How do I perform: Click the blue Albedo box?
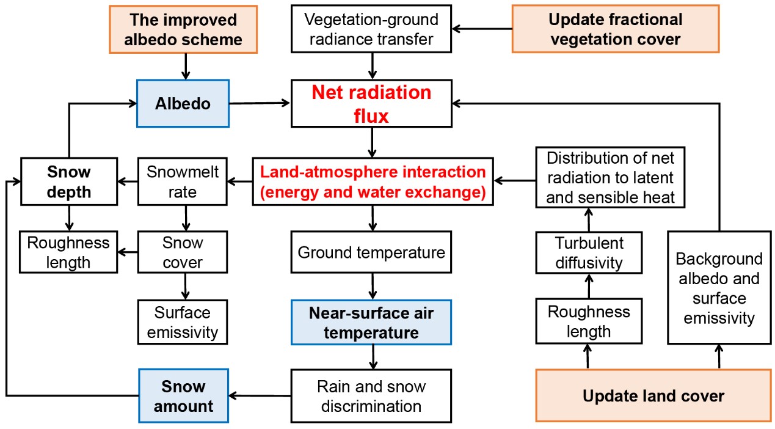pos(183,103)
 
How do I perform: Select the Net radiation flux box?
pos(371,104)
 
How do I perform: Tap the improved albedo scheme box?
pos(183,29)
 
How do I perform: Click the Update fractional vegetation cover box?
pos(615,29)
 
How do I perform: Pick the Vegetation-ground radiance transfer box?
pos(371,29)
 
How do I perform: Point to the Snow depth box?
pos(68,182)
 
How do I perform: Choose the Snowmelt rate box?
pos(183,182)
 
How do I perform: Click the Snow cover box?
pos(183,252)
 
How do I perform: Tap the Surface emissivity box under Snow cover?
pos(183,322)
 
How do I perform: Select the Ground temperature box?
pos(371,252)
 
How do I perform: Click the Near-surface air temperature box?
pos(371,323)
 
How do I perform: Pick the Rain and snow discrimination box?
pos(371,396)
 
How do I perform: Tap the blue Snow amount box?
pos(183,396)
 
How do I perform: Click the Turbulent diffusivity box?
pos(589,252)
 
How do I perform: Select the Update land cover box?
pos(653,396)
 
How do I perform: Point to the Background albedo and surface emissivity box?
pos(719,288)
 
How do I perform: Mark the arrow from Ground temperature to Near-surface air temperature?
pos(371,286)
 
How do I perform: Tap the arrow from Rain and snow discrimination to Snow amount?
pos(260,396)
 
